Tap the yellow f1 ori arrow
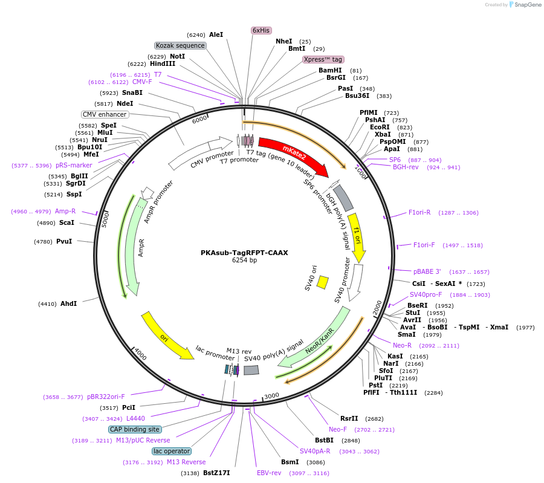(357, 236)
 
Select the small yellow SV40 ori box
(323, 282)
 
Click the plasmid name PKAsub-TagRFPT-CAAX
(244, 253)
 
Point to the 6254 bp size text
(244, 261)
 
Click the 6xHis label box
(261, 30)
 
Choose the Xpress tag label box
(323, 59)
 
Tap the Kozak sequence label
(181, 45)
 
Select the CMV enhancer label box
(105, 114)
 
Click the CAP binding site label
(135, 429)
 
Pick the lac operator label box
(172, 451)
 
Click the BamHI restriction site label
(330, 70)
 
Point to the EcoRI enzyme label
(380, 128)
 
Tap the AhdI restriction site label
(68, 303)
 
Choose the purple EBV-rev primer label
(269, 473)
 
